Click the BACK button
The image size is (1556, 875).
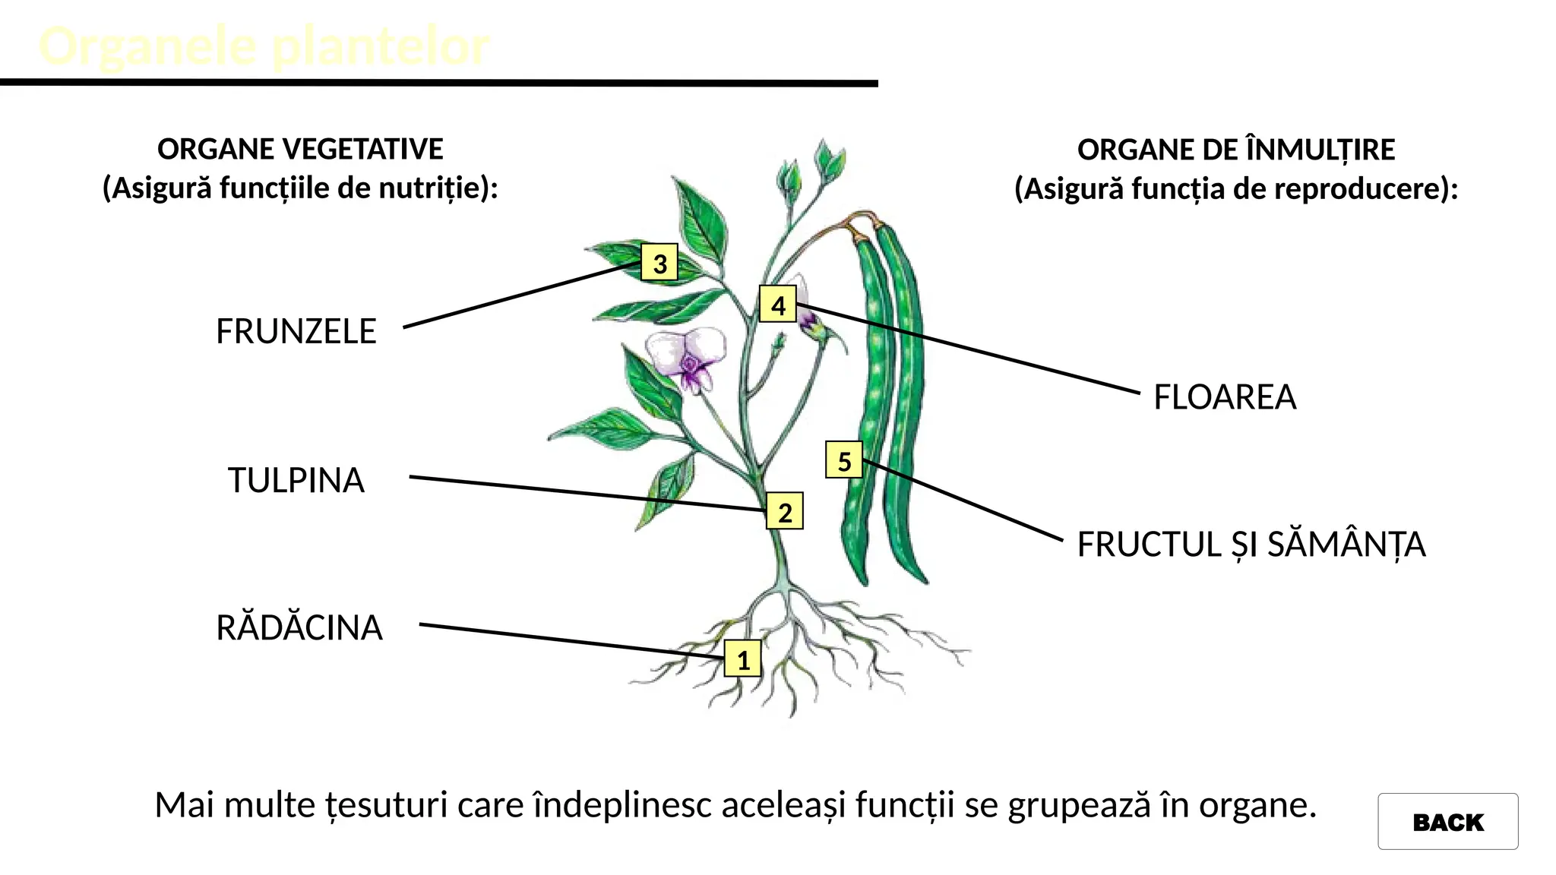(1447, 822)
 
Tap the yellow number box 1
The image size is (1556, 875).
(743, 659)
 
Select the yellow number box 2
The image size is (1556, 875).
(784, 512)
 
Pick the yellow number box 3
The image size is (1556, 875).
(659, 263)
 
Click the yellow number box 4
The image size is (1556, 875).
(778, 305)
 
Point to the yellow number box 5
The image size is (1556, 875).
(844, 460)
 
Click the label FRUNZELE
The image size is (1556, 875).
(296, 331)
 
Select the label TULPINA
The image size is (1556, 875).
(296, 481)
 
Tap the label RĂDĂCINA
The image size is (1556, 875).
(299, 628)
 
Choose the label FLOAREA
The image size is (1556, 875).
(1225, 397)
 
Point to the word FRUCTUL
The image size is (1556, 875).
(1149, 545)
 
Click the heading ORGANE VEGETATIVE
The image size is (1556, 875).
(300, 149)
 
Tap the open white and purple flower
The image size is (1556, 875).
(686, 357)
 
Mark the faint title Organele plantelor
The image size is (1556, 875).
(264, 46)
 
